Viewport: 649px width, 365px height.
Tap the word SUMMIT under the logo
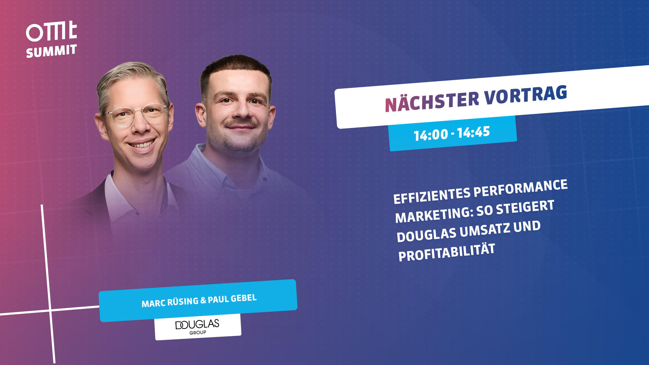(x=51, y=51)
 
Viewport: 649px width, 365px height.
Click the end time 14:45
(x=473, y=132)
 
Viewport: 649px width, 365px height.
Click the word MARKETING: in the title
(x=434, y=215)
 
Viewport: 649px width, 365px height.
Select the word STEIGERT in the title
(x=525, y=207)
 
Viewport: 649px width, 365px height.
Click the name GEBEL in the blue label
(x=244, y=298)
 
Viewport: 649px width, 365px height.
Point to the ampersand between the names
(x=203, y=300)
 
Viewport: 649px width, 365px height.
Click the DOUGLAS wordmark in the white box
(x=197, y=324)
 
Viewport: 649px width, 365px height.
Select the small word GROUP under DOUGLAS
(x=198, y=333)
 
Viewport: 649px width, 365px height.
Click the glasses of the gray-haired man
(x=137, y=115)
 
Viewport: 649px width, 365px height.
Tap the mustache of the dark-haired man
(x=240, y=123)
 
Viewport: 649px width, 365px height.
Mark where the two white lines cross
(x=50, y=310)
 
